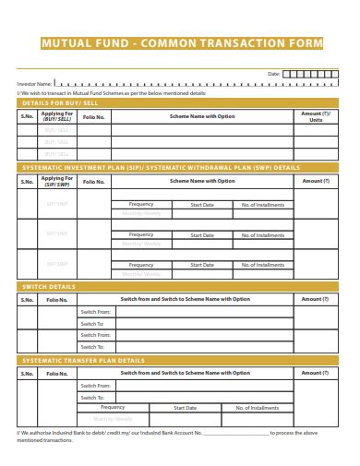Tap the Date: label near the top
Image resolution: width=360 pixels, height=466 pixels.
tap(273, 73)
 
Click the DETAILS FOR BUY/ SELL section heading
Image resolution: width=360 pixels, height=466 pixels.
tap(58, 103)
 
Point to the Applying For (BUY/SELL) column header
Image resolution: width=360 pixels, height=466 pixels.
tap(57, 117)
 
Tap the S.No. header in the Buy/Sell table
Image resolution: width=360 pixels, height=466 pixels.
tap(28, 117)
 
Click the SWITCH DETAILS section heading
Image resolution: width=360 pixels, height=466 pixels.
tap(49, 286)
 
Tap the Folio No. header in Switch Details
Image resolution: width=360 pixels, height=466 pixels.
tap(57, 299)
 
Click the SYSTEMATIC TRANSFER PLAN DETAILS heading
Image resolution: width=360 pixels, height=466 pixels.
tap(83, 359)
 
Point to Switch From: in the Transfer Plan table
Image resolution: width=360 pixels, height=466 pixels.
tap(94, 385)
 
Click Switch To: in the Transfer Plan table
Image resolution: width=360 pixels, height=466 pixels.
tap(92, 397)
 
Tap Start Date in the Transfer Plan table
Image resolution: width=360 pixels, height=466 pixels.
tap(186, 407)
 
